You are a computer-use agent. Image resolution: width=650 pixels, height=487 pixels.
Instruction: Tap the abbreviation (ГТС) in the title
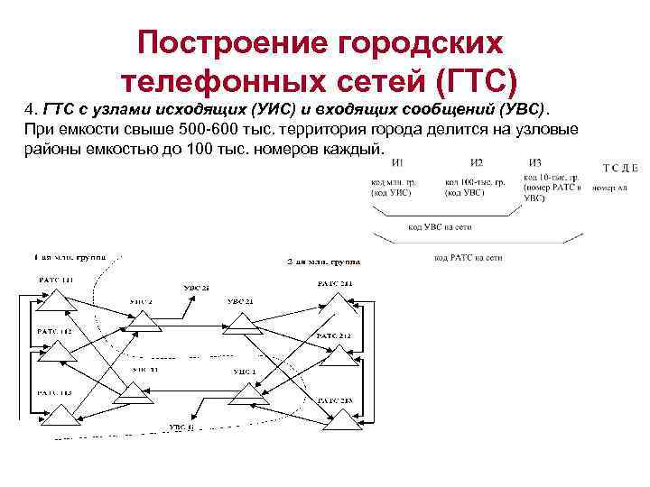pyautogui.click(x=475, y=82)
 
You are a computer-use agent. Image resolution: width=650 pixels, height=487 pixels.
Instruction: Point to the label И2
pyautogui.click(x=477, y=162)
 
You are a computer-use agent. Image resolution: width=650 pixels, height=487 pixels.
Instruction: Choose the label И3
pyautogui.click(x=535, y=162)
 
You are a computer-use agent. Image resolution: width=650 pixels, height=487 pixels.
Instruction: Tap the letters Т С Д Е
pyautogui.click(x=620, y=168)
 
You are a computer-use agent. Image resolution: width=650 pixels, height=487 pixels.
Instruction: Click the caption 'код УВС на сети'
pyautogui.click(x=439, y=227)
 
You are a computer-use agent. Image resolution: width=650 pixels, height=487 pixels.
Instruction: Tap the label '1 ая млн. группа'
pyautogui.click(x=70, y=256)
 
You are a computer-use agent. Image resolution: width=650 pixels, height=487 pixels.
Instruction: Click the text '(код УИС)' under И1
pyautogui.click(x=391, y=192)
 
